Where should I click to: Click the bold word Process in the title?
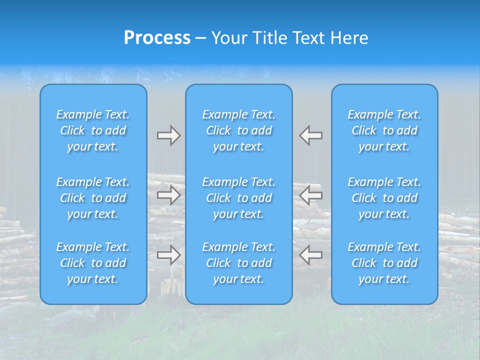[157, 38]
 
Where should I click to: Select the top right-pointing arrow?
[168, 135]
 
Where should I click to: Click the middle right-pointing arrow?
[168, 195]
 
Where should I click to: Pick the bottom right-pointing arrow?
[168, 255]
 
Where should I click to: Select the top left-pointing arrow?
[311, 135]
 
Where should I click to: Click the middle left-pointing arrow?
[311, 195]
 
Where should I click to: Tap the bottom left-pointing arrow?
[311, 255]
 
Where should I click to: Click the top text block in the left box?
[93, 130]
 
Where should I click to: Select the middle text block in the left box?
[93, 198]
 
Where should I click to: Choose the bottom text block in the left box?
[93, 263]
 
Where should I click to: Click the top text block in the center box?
[238, 130]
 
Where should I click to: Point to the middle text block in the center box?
[238, 198]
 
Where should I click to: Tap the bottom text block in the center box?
[238, 263]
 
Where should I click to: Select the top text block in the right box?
[384, 130]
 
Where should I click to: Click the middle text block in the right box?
[384, 198]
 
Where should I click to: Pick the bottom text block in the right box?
[384, 263]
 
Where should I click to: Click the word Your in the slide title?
[229, 38]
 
